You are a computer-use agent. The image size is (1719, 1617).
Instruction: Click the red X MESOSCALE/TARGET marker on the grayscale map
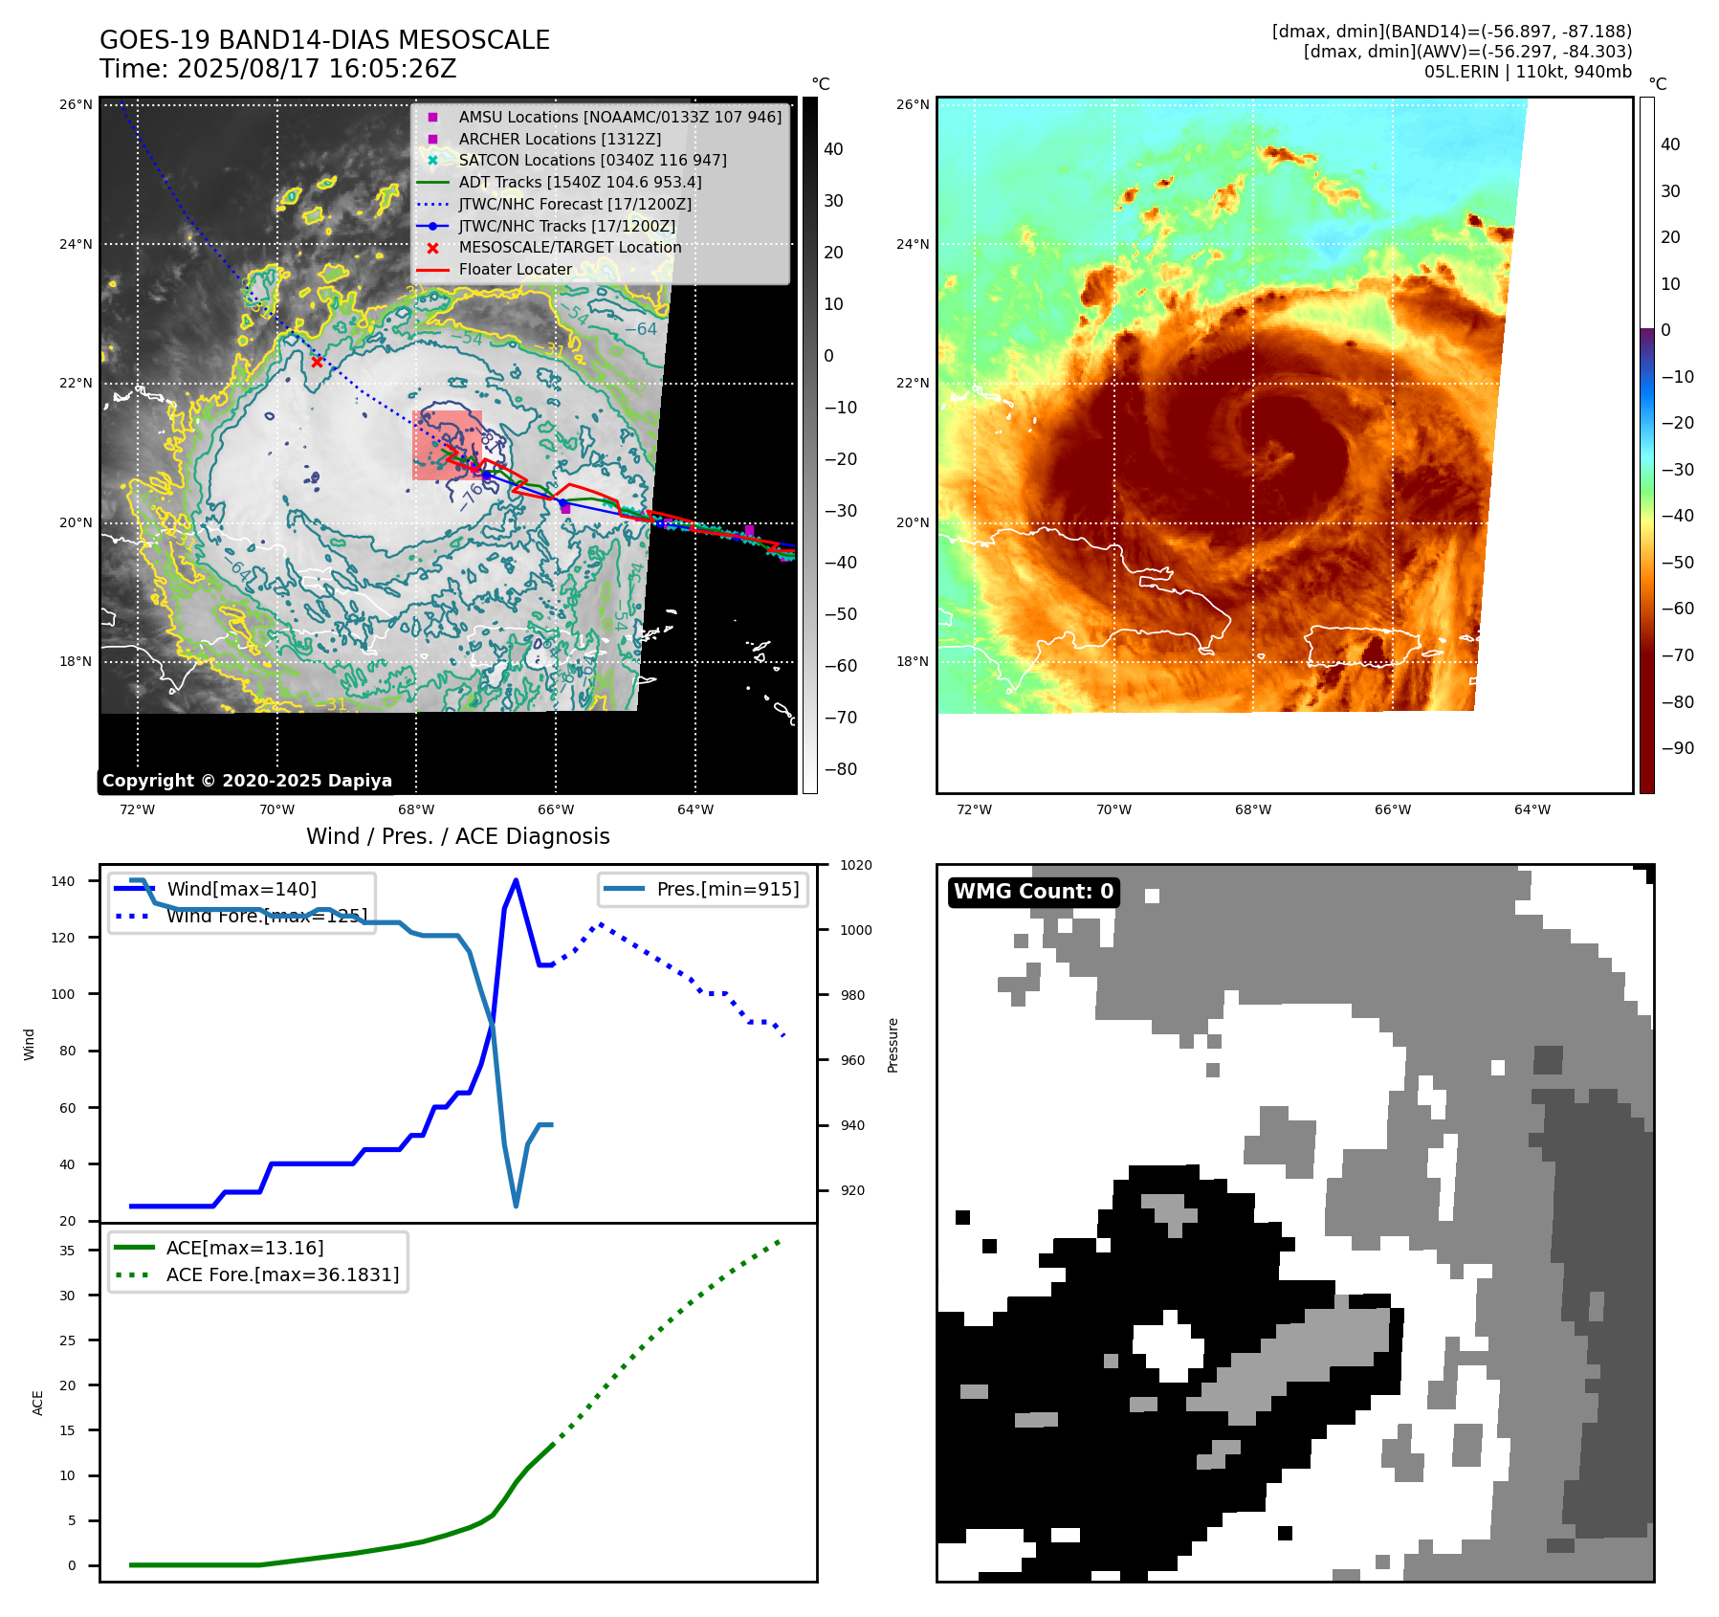click(317, 362)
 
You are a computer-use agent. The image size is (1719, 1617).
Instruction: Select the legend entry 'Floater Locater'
click(515, 270)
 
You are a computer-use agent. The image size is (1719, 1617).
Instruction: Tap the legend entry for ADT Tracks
click(580, 182)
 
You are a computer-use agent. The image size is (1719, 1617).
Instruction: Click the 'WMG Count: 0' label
click(1033, 892)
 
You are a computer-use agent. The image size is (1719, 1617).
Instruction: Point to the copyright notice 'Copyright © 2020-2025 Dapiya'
click(247, 781)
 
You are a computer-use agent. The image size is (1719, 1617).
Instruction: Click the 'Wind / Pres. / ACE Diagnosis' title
click(457, 836)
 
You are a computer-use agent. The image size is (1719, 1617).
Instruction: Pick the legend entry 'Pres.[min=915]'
click(727, 889)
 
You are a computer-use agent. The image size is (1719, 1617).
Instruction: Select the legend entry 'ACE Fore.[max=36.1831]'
click(282, 1274)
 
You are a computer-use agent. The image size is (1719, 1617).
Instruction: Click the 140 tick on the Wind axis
click(63, 881)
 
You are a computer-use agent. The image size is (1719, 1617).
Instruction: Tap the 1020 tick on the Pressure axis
click(855, 865)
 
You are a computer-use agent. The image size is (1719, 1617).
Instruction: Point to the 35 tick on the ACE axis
click(67, 1251)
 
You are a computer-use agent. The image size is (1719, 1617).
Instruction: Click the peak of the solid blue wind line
click(516, 880)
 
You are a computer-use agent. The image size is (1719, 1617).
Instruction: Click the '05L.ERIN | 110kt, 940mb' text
click(1528, 72)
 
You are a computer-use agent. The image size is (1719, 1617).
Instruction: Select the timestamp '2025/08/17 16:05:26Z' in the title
click(317, 69)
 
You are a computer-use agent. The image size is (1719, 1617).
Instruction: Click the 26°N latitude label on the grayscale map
click(76, 104)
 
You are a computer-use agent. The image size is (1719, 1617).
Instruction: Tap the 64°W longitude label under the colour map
click(1532, 809)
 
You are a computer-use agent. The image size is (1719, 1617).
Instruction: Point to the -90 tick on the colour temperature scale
click(1677, 748)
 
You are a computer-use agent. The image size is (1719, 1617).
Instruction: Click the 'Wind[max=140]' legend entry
click(241, 889)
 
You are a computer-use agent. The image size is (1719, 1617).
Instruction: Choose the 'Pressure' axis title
click(893, 1045)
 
